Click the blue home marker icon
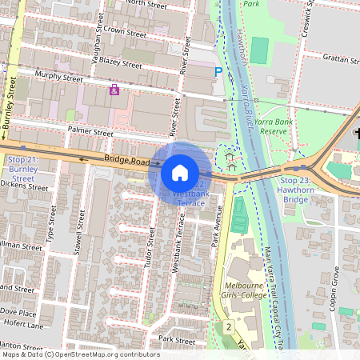click(x=180, y=172)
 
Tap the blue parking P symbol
click(x=218, y=72)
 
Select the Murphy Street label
click(x=58, y=78)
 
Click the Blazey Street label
click(x=121, y=62)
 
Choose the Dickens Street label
click(x=25, y=186)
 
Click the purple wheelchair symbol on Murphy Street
click(x=114, y=90)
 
